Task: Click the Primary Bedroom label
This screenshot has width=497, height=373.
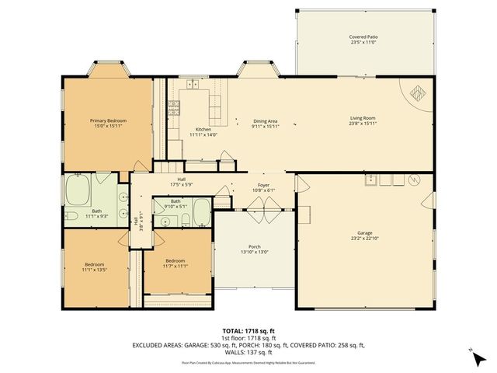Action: click(x=108, y=120)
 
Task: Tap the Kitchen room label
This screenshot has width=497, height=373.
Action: click(x=203, y=130)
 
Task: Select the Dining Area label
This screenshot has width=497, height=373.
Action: click(x=266, y=121)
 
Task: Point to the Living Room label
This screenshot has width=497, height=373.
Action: click(x=363, y=118)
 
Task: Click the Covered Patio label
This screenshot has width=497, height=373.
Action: click(x=363, y=37)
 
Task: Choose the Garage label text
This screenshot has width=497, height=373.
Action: click(x=364, y=232)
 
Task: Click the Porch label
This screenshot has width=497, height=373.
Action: click(x=254, y=247)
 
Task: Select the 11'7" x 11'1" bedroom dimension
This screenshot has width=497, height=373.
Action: click(x=175, y=265)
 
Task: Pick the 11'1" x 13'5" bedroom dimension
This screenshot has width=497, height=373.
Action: click(x=95, y=269)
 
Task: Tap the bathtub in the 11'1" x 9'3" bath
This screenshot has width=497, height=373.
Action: click(x=79, y=189)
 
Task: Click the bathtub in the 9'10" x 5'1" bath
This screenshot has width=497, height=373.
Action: click(x=200, y=211)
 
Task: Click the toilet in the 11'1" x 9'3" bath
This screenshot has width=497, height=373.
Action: click(x=71, y=214)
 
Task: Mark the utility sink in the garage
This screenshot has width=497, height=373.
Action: click(x=374, y=180)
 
